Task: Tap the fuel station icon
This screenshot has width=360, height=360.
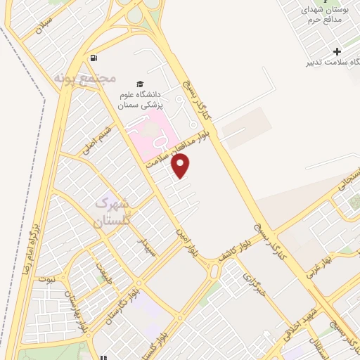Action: pyautogui.click(x=94, y=58)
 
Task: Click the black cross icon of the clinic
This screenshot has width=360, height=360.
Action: pyautogui.click(x=337, y=51)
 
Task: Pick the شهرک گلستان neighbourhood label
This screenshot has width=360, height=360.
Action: pyautogui.click(x=112, y=211)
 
